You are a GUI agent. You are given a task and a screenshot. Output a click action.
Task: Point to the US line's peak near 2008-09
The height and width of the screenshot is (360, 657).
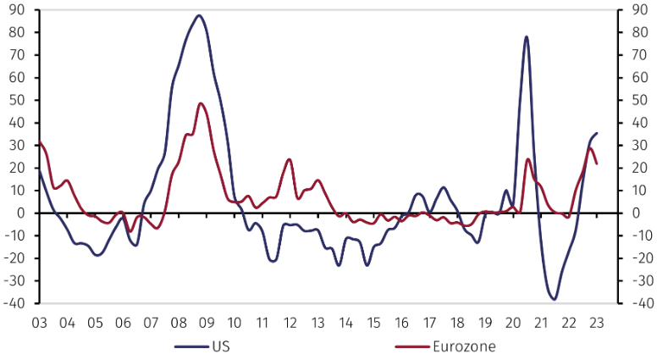[199, 15]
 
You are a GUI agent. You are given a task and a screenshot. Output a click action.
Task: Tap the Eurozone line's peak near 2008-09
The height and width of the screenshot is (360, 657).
[201, 103]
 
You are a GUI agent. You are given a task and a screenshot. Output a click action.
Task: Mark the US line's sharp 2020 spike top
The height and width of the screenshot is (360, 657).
[527, 36]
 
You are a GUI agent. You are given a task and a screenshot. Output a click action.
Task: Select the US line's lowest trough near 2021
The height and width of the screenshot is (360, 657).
[554, 299]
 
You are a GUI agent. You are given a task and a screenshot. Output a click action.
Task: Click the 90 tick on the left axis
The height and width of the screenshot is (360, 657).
[16, 9]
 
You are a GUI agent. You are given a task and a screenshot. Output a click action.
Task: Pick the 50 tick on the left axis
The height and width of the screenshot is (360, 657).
[16, 100]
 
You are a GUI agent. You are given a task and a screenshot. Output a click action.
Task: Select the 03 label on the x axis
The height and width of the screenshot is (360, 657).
[39, 323]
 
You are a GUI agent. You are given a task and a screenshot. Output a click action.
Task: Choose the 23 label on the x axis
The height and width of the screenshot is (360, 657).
[595, 323]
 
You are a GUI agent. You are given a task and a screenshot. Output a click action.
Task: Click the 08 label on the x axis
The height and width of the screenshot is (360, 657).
[178, 323]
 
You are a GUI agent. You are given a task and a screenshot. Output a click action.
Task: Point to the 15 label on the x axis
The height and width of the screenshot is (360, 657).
[373, 323]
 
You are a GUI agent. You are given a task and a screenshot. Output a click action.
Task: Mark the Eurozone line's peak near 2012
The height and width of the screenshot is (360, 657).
[290, 159]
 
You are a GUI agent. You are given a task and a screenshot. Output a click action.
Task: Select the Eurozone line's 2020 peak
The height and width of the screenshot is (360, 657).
[528, 159]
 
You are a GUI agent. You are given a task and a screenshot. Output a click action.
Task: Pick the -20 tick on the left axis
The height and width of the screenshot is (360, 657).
[14, 258]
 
